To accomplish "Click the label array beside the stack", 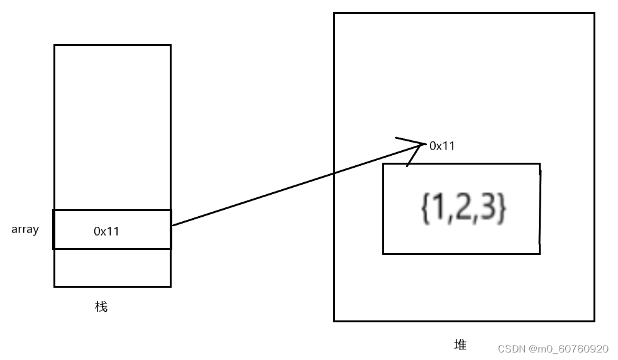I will coord(25,229).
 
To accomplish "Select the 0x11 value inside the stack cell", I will coord(106,231).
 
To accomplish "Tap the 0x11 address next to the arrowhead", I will coord(441,146).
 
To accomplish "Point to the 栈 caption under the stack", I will coord(101,307).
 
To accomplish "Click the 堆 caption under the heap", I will coord(460,345).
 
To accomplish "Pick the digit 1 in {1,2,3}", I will coord(435,209).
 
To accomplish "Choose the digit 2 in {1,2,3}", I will coord(461,209).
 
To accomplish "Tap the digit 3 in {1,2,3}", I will coord(488,209).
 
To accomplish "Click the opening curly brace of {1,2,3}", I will coord(424,209).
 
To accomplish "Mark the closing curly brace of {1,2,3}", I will coord(501,209).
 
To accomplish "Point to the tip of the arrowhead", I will coord(424,145).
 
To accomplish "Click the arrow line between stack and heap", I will coord(295,185).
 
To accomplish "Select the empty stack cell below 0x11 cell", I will coord(112,268).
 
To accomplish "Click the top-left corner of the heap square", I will coord(334,13).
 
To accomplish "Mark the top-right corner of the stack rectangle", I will coord(170,45).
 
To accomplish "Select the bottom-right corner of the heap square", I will coord(594,320).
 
